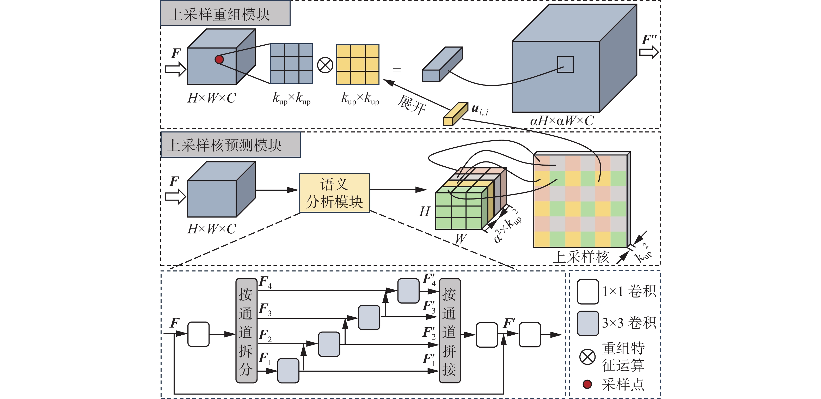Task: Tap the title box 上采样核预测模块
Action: pyautogui.click(x=230, y=145)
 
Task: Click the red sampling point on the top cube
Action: pyautogui.click(x=219, y=59)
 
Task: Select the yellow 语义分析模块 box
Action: pyautogui.click(x=334, y=193)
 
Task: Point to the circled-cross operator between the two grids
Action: pyautogui.click(x=325, y=65)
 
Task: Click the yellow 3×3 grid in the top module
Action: pyautogui.click(x=358, y=64)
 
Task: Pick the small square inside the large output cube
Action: pyautogui.click(x=565, y=64)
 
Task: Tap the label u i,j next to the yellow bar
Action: pyautogui.click(x=479, y=109)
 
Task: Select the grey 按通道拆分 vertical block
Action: pyautogui.click(x=246, y=330)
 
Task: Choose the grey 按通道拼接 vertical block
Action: pyautogui.click(x=449, y=330)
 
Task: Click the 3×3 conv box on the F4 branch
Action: pyautogui.click(x=408, y=291)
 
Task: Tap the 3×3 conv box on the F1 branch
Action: pyautogui.click(x=288, y=371)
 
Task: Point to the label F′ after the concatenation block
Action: pyautogui.click(x=509, y=323)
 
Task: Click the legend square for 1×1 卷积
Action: pyautogui.click(x=588, y=292)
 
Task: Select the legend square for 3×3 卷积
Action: pyautogui.click(x=588, y=323)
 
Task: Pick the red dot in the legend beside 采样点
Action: pyautogui.click(x=587, y=384)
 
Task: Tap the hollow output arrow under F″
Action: pyautogui.click(x=648, y=52)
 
